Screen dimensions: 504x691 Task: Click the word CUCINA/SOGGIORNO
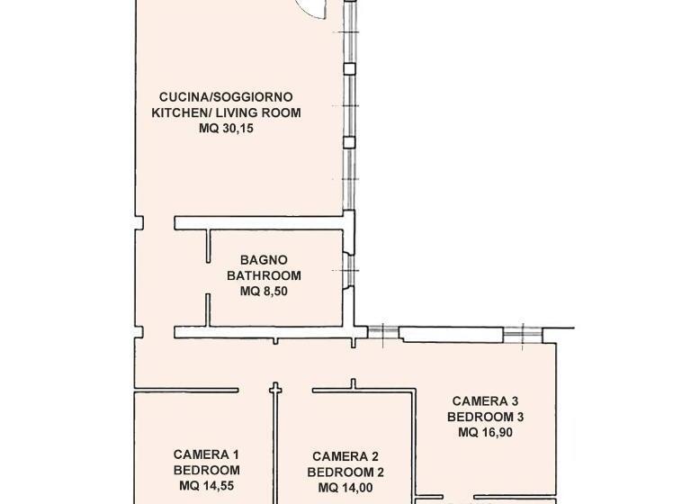[x=225, y=96]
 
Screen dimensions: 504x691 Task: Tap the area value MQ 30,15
[x=226, y=129]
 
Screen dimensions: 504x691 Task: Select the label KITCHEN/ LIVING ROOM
[x=226, y=112]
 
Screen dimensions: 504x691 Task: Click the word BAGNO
[x=257, y=260]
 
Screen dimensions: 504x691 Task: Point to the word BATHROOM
[x=257, y=275]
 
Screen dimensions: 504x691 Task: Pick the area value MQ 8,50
[x=257, y=292]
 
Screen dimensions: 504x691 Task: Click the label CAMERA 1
[x=206, y=454]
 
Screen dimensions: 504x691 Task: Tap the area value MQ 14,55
[x=206, y=486]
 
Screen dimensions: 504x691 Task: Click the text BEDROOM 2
[x=345, y=472]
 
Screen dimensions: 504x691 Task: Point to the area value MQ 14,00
[x=345, y=488]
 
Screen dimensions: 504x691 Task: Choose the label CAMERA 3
[x=486, y=400]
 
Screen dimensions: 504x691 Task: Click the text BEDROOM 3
[x=486, y=417]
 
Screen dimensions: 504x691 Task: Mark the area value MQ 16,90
[x=486, y=432]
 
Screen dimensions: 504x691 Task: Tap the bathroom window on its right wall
[x=348, y=268]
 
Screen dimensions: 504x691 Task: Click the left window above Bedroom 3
[x=382, y=333]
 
